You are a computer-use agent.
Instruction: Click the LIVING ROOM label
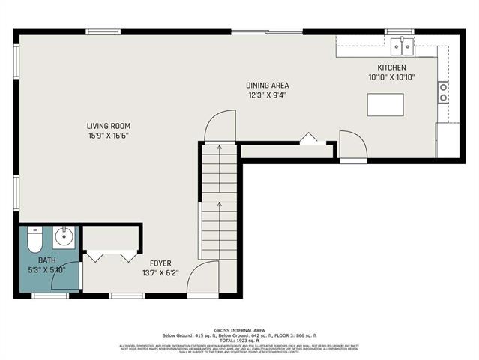109,126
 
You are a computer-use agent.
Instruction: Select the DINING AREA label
268,85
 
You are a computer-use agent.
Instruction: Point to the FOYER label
160,262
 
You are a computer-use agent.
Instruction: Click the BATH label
26,260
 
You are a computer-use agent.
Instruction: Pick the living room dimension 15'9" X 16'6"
109,136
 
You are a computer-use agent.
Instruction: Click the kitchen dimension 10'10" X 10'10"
391,76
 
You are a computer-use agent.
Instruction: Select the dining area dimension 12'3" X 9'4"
268,95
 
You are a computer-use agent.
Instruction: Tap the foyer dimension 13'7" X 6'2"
160,272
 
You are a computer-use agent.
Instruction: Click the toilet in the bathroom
34,241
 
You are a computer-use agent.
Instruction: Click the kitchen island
385,104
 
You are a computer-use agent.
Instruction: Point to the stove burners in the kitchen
443,92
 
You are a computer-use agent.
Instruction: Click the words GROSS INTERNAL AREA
240,329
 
